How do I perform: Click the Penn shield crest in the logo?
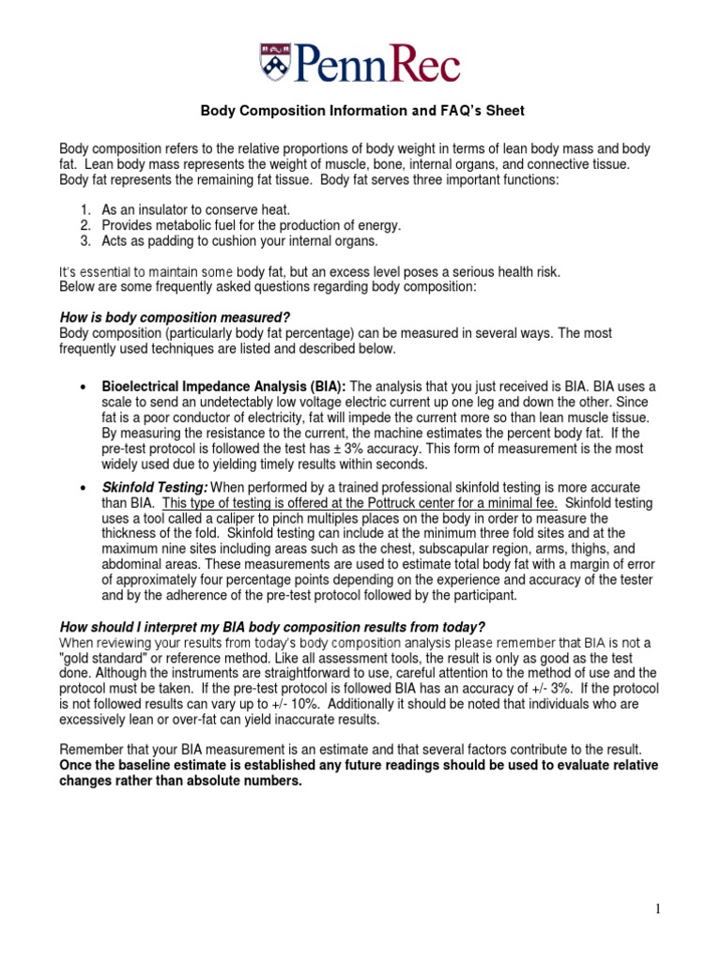(x=275, y=62)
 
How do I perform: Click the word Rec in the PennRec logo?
(x=419, y=64)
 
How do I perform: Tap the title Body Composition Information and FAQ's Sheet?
(x=362, y=111)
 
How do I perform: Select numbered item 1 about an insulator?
(x=184, y=210)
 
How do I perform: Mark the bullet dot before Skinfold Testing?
(x=84, y=488)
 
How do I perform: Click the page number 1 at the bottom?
(x=658, y=908)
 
